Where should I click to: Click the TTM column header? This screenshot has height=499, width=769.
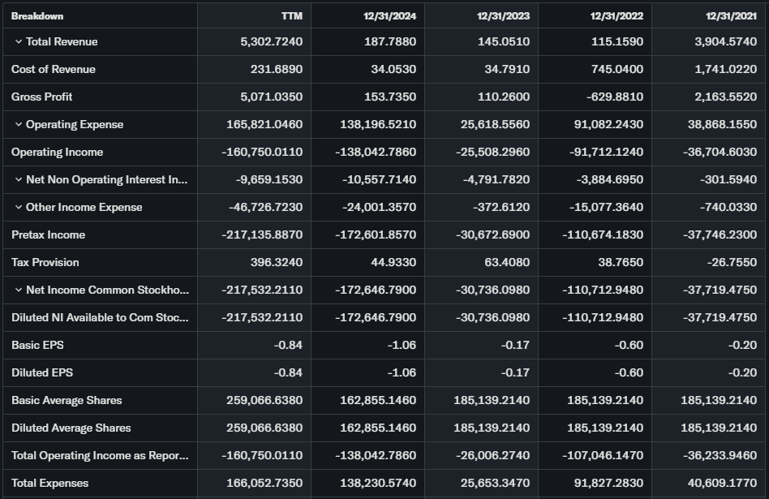pyautogui.click(x=291, y=15)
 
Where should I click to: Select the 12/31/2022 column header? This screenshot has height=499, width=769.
pyautogui.click(x=616, y=15)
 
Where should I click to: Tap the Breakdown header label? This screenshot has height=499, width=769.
pyautogui.click(x=37, y=15)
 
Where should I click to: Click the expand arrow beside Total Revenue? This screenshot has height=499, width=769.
pyautogui.click(x=18, y=41)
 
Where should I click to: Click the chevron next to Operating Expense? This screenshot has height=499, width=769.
pyautogui.click(x=18, y=124)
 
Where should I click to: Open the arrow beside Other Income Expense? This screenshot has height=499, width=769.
pyautogui.click(x=18, y=207)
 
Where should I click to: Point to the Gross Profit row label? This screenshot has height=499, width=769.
pyautogui.click(x=42, y=97)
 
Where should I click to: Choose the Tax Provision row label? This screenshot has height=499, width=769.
pyautogui.click(x=45, y=262)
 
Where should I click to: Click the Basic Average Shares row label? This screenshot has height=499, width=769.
pyautogui.click(x=67, y=400)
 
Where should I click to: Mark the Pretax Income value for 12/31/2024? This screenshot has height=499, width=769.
pyautogui.click(x=376, y=234)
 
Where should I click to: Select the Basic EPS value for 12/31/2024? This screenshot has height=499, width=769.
pyautogui.click(x=402, y=345)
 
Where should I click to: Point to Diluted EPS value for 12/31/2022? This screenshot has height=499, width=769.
pyautogui.click(x=629, y=372)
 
